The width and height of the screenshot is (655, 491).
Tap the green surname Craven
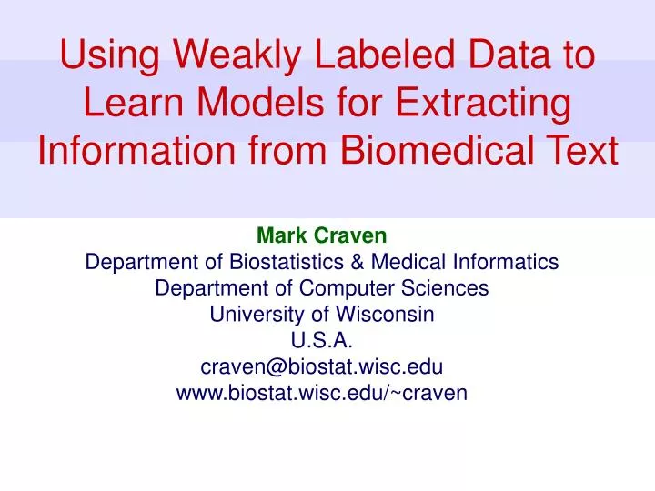(x=352, y=236)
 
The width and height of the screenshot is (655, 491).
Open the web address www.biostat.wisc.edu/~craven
(x=321, y=393)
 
